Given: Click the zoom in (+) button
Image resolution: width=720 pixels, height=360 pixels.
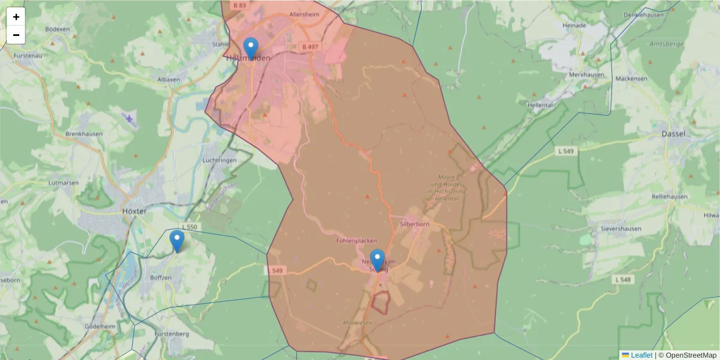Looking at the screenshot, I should pyautogui.click(x=16, y=17).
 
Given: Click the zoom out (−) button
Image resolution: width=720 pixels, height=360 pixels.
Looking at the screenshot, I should pyautogui.click(x=16, y=35).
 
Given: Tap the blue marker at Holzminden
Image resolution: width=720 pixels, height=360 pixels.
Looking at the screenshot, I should pyautogui.click(x=251, y=47).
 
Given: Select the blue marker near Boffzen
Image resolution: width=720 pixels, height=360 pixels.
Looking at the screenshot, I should pyautogui.click(x=176, y=241).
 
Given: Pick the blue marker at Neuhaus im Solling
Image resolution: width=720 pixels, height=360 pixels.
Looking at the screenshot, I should pyautogui.click(x=377, y=260).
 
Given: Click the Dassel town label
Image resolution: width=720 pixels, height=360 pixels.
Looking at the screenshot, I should pyautogui.click(x=673, y=134).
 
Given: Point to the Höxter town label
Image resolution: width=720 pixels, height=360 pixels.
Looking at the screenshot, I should pyautogui.click(x=134, y=211).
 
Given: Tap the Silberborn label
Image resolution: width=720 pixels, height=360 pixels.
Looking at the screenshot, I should pyautogui.click(x=414, y=224).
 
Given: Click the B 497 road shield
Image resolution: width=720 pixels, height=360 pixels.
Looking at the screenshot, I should pyautogui.click(x=310, y=46).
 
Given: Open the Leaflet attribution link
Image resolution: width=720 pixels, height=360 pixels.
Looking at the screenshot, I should pyautogui.click(x=641, y=355).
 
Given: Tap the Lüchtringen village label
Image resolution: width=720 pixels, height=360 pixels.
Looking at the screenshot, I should pyautogui.click(x=220, y=161).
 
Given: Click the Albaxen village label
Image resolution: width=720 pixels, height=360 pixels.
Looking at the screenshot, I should pyautogui.click(x=151, y=79).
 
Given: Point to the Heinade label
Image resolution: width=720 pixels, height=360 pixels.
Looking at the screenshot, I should pyautogui.click(x=574, y=26).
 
